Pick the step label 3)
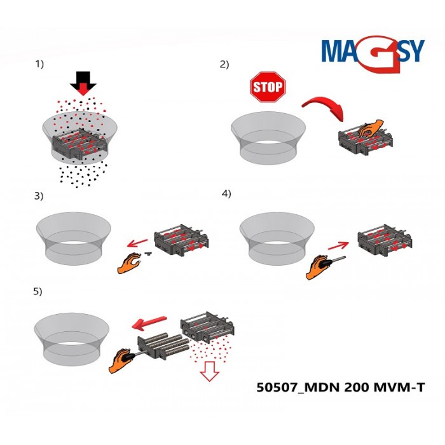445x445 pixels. click(39, 196)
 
